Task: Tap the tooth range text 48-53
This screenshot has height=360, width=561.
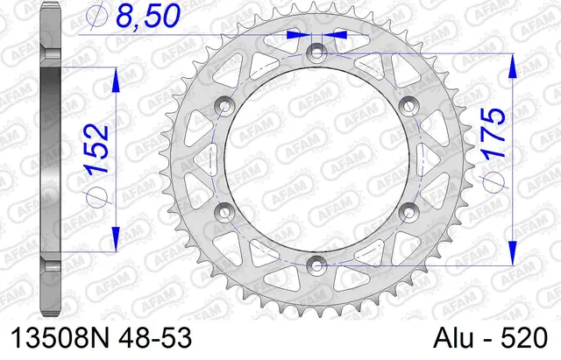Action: (x=157, y=337)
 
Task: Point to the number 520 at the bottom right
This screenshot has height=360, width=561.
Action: (x=522, y=337)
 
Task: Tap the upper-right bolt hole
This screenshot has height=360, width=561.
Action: (x=406, y=106)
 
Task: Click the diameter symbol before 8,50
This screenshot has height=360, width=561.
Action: (x=99, y=17)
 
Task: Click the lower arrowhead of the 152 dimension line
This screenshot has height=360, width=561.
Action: (x=115, y=237)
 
